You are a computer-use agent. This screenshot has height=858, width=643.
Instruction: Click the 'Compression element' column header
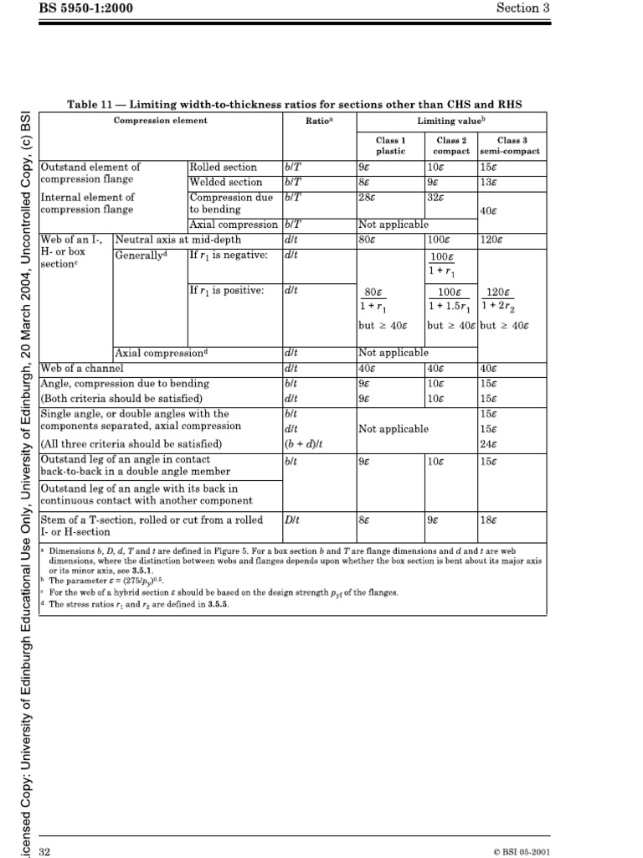(160, 121)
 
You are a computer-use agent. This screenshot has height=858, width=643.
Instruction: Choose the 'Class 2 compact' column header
(451, 146)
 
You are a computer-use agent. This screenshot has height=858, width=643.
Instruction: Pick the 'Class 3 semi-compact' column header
(512, 146)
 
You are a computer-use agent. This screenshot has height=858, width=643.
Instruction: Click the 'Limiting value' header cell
(452, 121)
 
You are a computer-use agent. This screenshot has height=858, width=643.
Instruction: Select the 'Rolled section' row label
(224, 168)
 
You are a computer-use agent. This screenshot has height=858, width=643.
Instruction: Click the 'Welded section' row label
(226, 182)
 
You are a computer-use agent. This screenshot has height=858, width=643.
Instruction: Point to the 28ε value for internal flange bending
(366, 196)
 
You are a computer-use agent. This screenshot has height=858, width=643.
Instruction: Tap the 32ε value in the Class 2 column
(436, 196)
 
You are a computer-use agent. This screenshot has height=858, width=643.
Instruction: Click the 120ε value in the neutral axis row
(491, 239)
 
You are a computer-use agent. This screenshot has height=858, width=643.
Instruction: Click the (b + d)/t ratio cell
(302, 443)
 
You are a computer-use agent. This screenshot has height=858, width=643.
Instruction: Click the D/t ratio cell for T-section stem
(292, 519)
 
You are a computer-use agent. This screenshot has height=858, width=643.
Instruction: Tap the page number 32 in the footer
(46, 851)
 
